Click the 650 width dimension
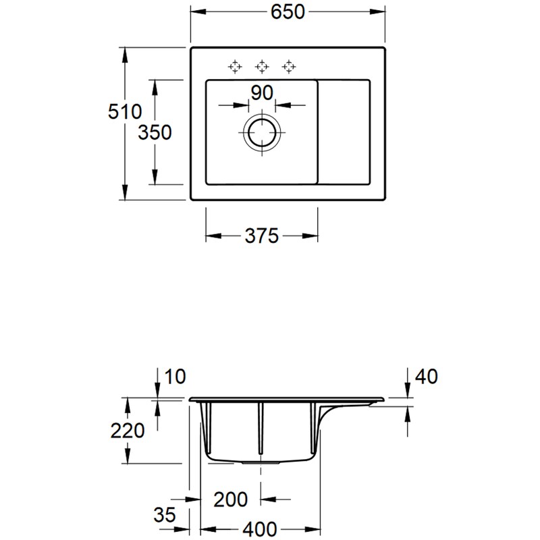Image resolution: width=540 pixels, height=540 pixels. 288,13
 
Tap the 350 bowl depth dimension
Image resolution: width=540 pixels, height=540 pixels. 155,132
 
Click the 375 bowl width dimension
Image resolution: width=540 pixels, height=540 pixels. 261,236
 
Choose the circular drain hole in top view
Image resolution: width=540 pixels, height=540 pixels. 261,132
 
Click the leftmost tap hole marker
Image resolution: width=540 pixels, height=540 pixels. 234,66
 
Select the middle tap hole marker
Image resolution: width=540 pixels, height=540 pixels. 261,66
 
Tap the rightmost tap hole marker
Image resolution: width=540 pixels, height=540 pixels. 288,66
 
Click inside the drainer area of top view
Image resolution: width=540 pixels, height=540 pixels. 344,132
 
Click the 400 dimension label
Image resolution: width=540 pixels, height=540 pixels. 261,529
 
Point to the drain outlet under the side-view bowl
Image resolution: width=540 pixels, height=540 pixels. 261,464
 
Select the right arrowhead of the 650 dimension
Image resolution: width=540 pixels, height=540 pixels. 382,13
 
